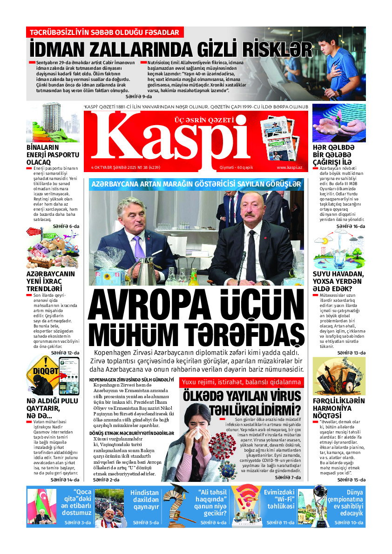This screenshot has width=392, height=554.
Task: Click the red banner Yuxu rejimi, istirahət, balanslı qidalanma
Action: [x=241, y=382]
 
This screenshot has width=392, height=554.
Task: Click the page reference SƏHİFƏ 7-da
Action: [x=287, y=477]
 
